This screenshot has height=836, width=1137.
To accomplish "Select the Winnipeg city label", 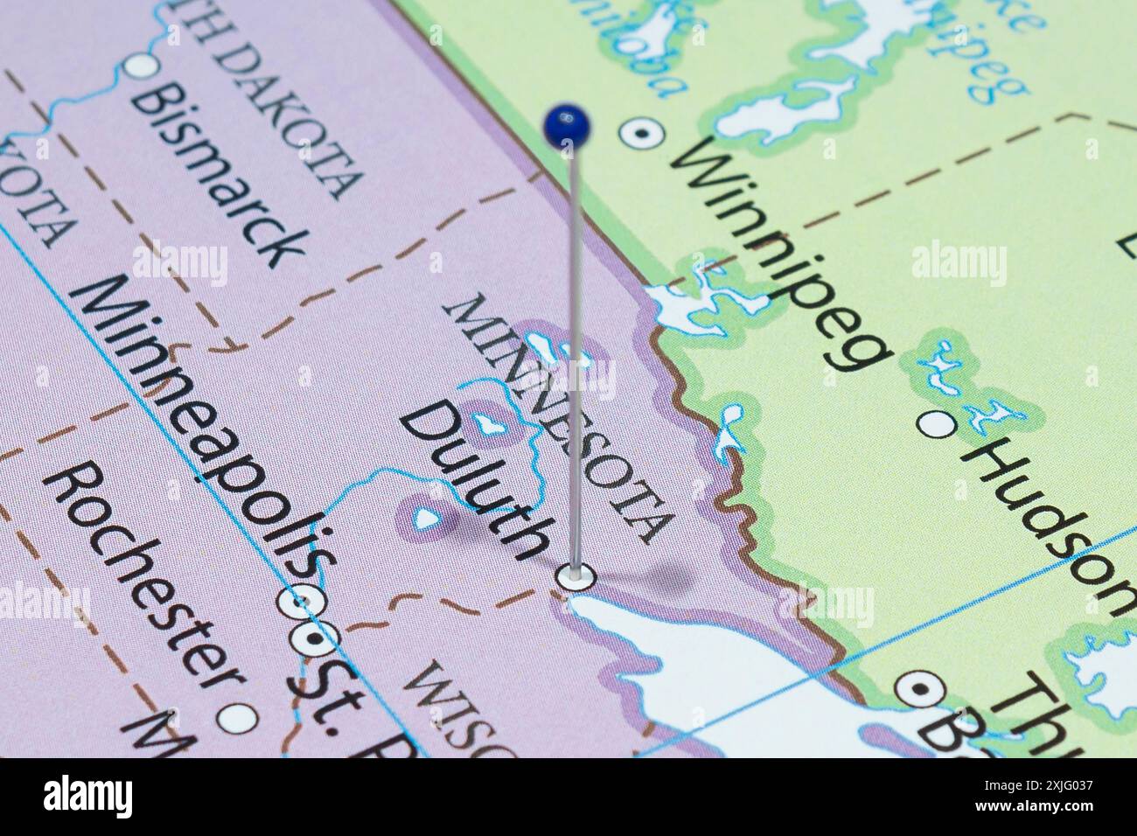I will [x=782, y=254].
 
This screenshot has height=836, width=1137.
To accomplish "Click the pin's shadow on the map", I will [x=656, y=577].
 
